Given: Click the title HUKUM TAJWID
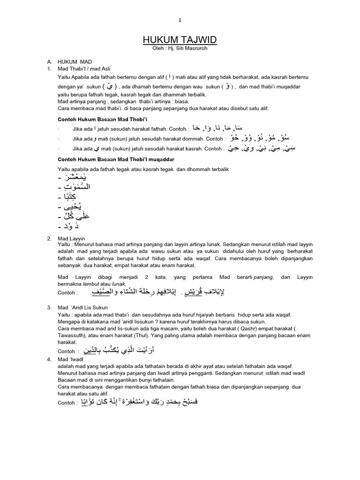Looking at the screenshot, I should pos(180,41).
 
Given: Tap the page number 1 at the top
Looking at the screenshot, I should pos(180,20).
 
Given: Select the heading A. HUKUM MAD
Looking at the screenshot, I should pos(75,61).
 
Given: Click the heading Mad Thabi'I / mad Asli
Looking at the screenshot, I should pos(84,68).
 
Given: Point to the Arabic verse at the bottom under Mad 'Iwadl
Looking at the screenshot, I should pos(140,402).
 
